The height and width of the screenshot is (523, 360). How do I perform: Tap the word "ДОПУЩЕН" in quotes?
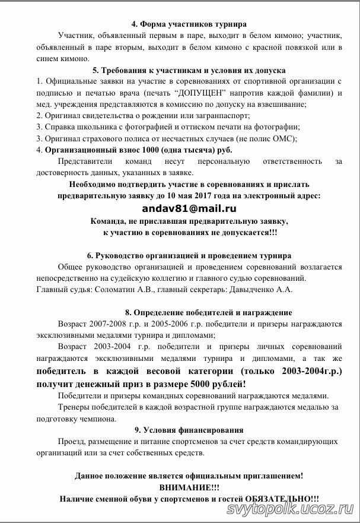point(197,93)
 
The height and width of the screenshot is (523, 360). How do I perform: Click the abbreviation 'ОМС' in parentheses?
point(283,138)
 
